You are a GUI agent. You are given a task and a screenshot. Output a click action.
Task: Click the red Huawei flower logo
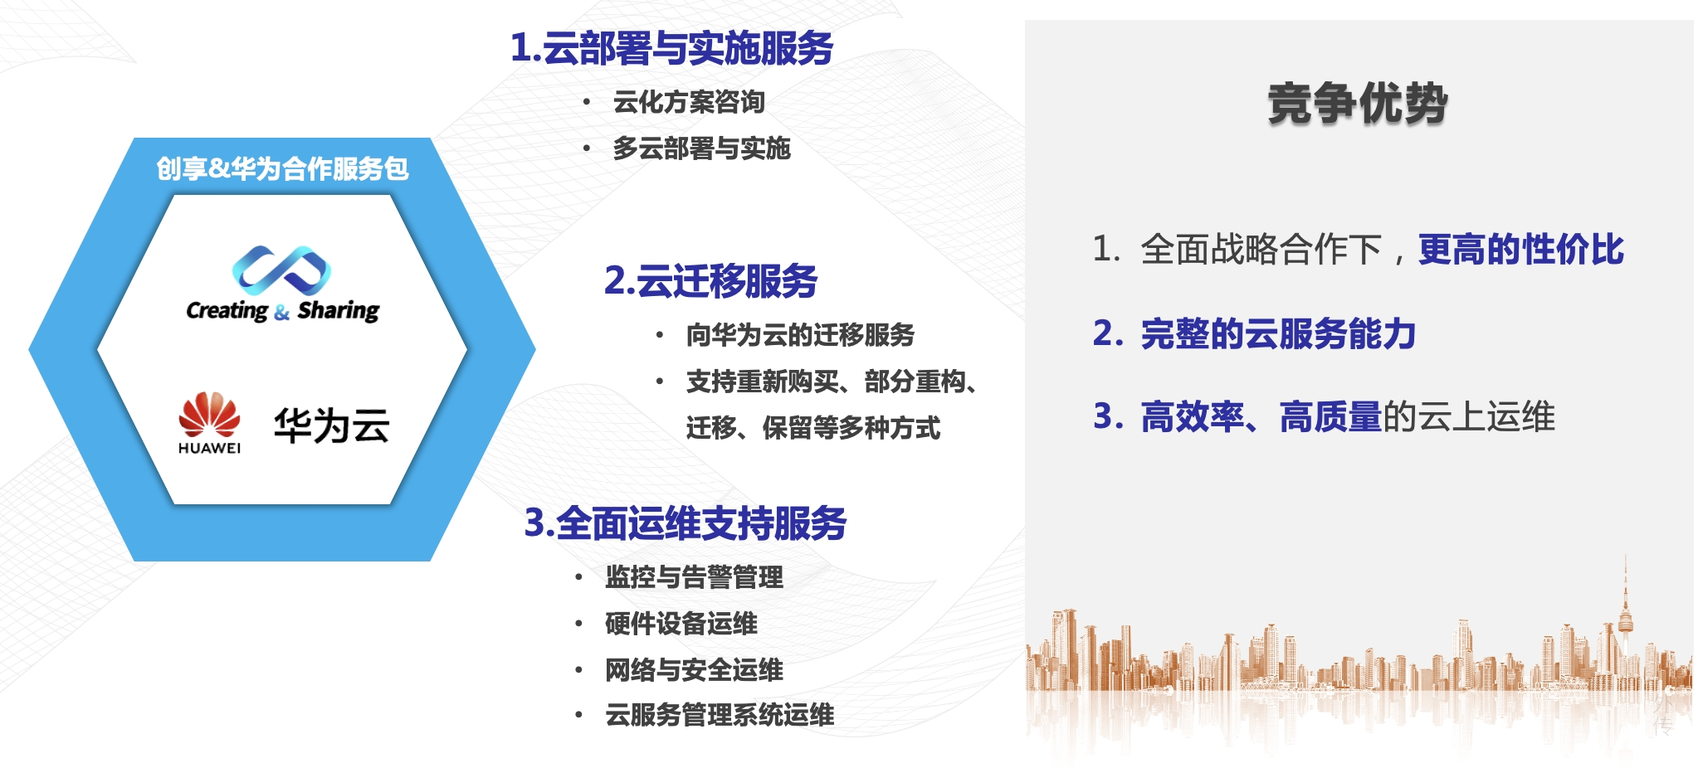(209, 414)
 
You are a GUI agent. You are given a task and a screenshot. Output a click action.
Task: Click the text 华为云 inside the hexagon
(332, 425)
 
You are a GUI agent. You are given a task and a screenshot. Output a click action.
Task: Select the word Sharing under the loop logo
(339, 311)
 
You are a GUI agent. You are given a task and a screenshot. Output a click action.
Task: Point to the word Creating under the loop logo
(227, 311)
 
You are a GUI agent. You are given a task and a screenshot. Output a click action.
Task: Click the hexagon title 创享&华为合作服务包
(282, 168)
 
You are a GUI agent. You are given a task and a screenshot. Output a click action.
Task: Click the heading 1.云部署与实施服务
(671, 47)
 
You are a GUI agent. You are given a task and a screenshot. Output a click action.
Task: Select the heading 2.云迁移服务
(711, 280)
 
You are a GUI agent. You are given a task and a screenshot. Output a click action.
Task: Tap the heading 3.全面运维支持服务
(686, 523)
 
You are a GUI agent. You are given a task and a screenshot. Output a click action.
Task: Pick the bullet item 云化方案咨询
(689, 102)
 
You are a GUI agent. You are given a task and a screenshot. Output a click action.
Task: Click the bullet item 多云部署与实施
(701, 148)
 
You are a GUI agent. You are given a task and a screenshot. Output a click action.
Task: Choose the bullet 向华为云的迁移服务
(800, 335)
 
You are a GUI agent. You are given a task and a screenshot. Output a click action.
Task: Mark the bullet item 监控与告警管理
(694, 577)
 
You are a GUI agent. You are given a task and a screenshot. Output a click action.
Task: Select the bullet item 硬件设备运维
(681, 624)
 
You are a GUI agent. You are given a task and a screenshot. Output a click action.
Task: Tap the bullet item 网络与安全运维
(694, 670)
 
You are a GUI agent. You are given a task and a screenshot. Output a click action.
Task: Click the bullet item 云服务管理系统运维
(720, 715)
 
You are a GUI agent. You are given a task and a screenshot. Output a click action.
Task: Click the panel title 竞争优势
(1358, 104)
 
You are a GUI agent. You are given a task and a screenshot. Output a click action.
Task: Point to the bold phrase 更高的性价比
(1521, 250)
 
